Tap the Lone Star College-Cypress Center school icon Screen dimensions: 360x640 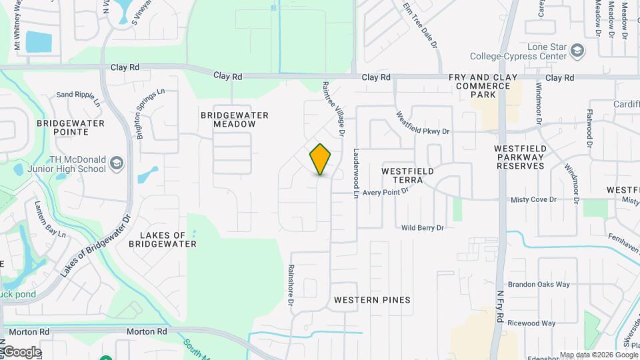(578, 49)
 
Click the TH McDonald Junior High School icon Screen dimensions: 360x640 (117, 163)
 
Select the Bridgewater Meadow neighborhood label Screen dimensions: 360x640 (235, 120)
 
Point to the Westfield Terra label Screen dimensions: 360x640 (407, 171)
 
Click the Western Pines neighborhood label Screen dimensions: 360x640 (372, 300)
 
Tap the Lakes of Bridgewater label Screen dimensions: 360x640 (168, 239)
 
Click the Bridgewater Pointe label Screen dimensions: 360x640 (71, 127)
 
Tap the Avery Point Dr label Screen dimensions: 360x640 (385, 191)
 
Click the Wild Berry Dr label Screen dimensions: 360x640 (422, 228)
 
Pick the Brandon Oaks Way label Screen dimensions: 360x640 (539, 285)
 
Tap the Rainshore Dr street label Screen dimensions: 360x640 (291, 286)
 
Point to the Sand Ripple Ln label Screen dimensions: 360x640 (78, 95)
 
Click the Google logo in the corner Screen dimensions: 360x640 (21, 351)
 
